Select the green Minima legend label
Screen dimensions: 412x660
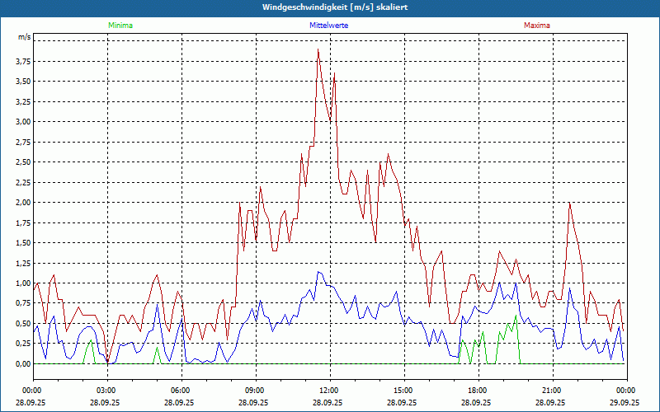120,26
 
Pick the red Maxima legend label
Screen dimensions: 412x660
537,26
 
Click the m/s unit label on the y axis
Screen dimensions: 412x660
24,38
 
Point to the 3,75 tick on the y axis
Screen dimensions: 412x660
23,62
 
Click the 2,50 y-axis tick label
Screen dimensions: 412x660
23,162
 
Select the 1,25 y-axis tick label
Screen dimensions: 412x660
23,263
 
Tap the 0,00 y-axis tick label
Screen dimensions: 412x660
23,363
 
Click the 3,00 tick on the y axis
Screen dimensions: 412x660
23,122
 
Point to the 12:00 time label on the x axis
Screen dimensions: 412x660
329,391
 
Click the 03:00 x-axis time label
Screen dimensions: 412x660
106,391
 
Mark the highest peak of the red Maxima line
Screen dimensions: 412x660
318,49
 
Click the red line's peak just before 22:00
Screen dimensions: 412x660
569,203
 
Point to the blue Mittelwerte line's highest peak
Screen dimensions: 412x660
318,272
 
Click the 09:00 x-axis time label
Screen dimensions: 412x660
255,391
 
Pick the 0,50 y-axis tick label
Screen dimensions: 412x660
23,323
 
